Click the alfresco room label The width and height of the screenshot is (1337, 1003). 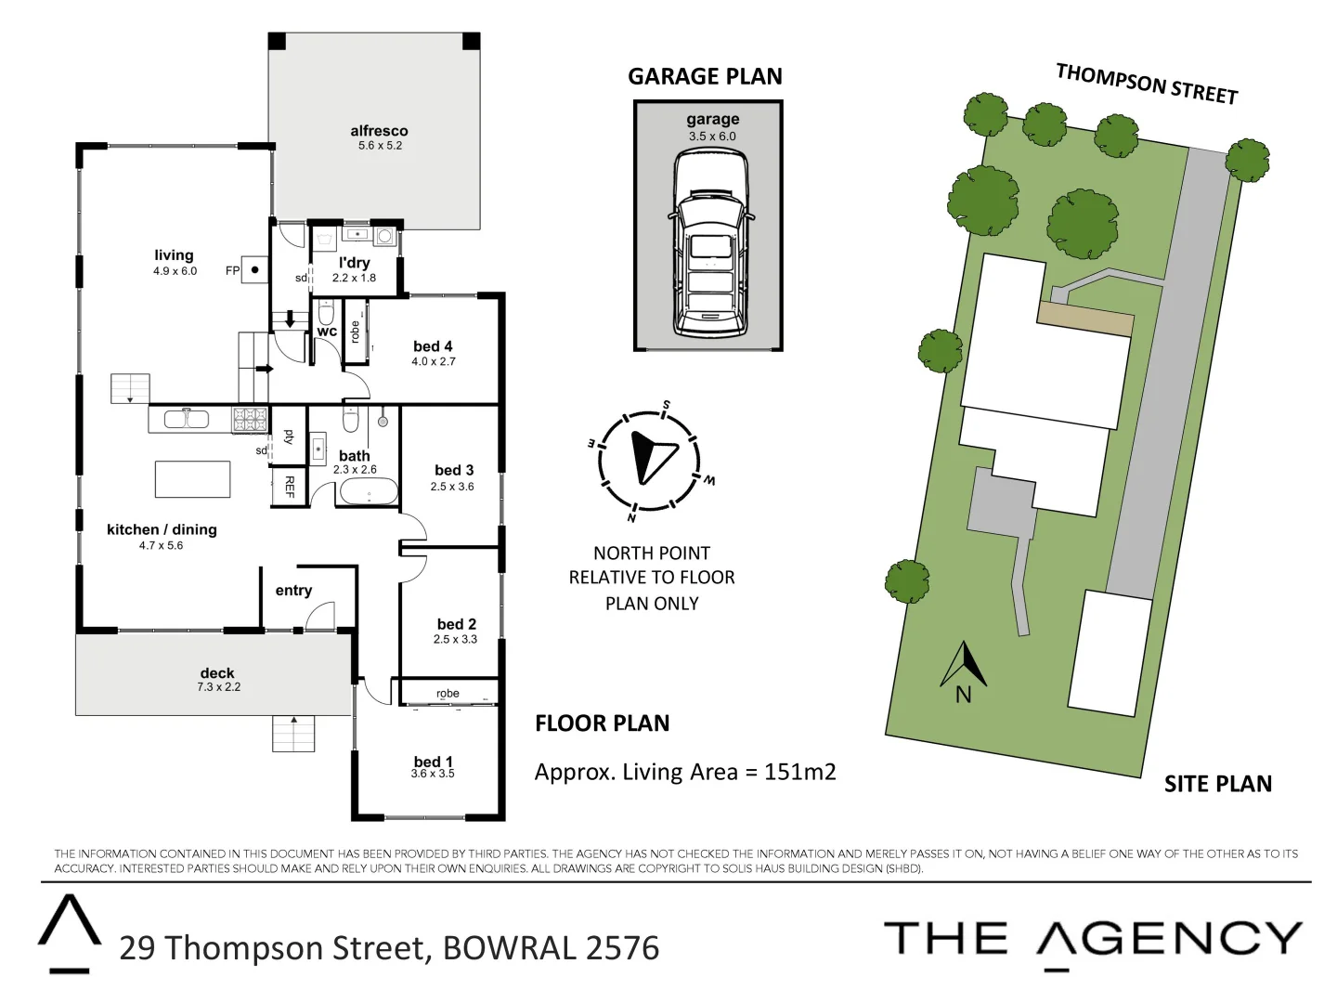pyautogui.click(x=379, y=131)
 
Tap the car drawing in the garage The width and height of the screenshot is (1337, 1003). pyautogui.click(x=710, y=246)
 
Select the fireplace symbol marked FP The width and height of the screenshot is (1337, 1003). pyautogui.click(x=254, y=270)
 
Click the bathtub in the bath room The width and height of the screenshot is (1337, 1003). pyautogui.click(x=368, y=491)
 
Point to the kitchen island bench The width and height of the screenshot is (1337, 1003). pyautogui.click(x=192, y=479)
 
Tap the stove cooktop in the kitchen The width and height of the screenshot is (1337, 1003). pyautogui.click(x=250, y=419)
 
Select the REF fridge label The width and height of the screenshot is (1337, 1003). pyautogui.click(x=289, y=487)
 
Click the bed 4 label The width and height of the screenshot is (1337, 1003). pyautogui.click(x=433, y=346)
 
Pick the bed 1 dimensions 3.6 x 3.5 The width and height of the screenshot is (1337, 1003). pyautogui.click(x=433, y=774)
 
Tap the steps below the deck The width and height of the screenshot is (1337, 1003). pyautogui.click(x=293, y=734)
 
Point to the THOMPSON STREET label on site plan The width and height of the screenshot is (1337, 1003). pyautogui.click(x=1147, y=84)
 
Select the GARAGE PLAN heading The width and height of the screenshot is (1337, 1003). pyautogui.click(x=705, y=76)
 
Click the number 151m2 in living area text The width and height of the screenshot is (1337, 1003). pyautogui.click(x=799, y=772)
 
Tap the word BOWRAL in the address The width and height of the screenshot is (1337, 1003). pyautogui.click(x=510, y=948)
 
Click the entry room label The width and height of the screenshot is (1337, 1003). pyautogui.click(x=293, y=591)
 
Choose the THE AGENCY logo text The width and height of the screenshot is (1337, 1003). pyautogui.click(x=1093, y=939)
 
